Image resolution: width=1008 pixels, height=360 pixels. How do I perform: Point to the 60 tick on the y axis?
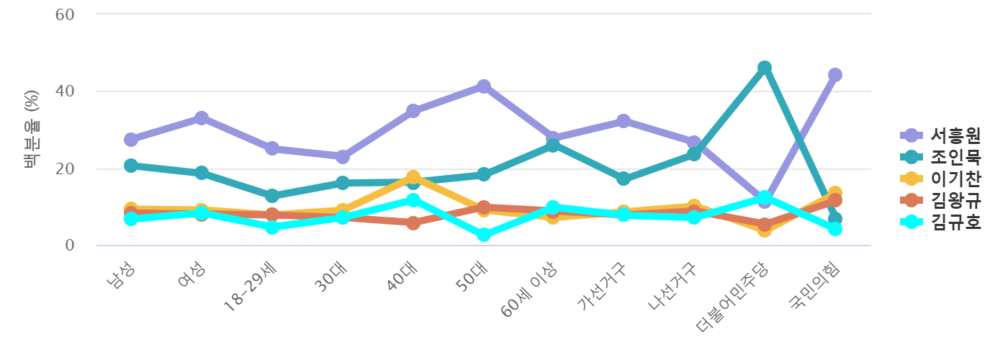click(x=66, y=14)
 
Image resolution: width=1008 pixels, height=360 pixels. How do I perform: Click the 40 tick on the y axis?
click(x=66, y=91)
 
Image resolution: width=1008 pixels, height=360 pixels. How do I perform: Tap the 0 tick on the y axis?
click(x=70, y=246)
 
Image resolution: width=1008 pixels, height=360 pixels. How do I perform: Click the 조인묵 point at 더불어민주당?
click(x=764, y=68)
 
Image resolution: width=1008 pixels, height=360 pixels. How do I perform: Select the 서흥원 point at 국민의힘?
click(x=834, y=75)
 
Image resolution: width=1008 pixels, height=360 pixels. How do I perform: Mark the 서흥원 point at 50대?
click(x=483, y=86)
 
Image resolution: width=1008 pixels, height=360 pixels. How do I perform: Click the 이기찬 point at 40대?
click(x=413, y=176)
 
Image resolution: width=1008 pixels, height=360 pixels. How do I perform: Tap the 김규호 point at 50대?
click(x=483, y=235)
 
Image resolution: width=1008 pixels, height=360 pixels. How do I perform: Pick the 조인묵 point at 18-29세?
click(x=271, y=196)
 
